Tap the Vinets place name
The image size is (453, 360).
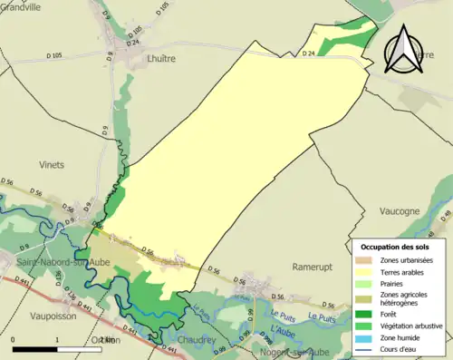point(52,165)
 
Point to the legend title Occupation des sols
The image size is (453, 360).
point(394,247)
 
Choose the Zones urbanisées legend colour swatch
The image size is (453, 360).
point(368,260)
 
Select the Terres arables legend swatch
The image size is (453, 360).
point(368,271)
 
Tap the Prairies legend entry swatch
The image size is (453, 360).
point(368,283)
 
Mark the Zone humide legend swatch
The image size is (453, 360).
point(368,334)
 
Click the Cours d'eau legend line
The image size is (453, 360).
point(368,345)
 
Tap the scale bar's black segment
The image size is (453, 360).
point(35,348)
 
